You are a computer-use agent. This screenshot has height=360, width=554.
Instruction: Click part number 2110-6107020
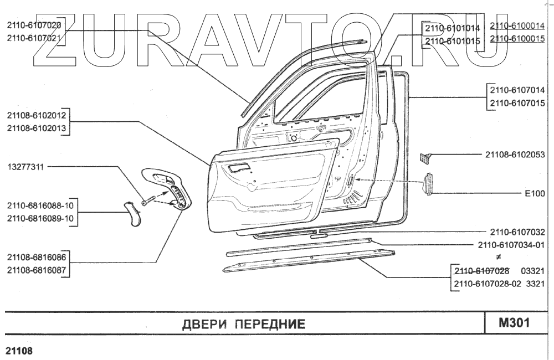(34, 25)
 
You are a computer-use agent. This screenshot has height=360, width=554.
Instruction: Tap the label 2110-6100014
(517, 25)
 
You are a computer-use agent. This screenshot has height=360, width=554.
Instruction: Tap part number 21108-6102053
(515, 154)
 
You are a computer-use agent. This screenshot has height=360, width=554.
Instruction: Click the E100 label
(535, 194)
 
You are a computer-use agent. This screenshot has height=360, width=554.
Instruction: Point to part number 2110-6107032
(517, 232)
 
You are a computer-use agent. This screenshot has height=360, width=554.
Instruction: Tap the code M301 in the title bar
(515, 322)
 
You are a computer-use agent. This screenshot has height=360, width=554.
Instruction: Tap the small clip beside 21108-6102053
(424, 158)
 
